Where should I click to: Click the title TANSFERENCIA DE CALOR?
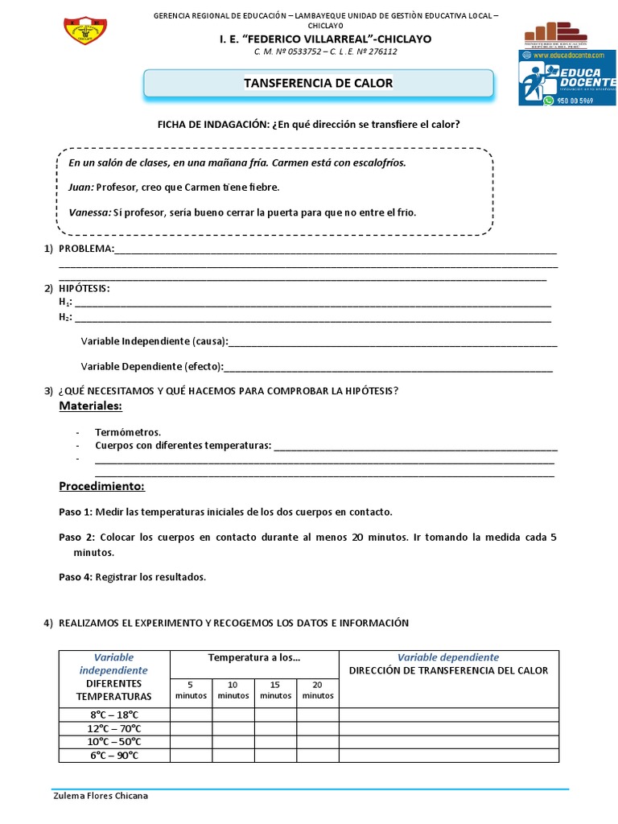coord(319,84)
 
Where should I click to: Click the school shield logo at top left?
coord(85,30)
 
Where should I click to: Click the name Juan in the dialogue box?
coord(80,187)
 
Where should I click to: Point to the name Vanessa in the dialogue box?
coord(89,212)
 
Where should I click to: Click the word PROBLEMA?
coord(86,249)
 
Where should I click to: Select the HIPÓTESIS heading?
coord(84,288)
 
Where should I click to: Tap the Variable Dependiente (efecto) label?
coord(152,366)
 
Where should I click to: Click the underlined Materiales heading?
coord(90,406)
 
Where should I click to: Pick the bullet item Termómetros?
coord(128,432)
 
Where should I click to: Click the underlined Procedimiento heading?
coord(101,487)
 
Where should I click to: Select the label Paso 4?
coord(76,576)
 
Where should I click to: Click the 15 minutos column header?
coord(275,690)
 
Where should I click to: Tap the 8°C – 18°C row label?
coord(114,715)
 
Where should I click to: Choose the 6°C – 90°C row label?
coord(114,755)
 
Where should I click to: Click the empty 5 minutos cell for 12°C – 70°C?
coord(191,728)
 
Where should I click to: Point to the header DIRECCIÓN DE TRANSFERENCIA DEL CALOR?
coord(448,670)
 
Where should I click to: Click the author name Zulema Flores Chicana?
coord(100,796)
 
